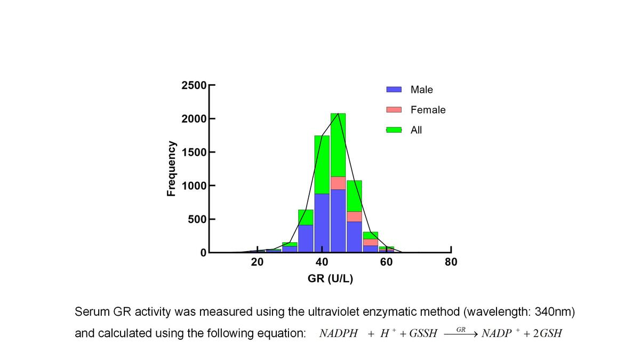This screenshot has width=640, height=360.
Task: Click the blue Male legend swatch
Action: coord(394,90)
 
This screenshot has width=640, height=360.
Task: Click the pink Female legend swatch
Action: coord(394,110)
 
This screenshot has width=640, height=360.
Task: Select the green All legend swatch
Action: coord(394,130)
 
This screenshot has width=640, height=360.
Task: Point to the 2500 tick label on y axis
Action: coord(194,85)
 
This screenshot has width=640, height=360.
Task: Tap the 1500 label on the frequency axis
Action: coord(194,153)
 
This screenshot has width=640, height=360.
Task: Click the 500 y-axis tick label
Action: coord(197,219)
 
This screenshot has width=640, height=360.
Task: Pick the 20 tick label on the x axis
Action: coord(257,262)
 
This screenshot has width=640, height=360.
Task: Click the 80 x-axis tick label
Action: coord(451,262)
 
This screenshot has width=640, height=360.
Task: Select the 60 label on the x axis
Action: coord(386,262)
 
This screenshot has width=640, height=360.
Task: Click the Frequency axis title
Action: coord(171,169)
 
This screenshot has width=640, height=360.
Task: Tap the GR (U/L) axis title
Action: coord(330,278)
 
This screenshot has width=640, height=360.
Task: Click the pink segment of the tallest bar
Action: coord(338,183)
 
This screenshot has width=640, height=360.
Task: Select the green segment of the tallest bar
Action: coord(338,145)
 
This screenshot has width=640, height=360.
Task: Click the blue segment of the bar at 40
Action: coord(322,223)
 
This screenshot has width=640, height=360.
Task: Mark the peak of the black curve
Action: coord(338,114)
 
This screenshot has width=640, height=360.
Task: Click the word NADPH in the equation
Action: coord(339,333)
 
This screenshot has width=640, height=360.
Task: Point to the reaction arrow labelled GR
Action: coord(461,334)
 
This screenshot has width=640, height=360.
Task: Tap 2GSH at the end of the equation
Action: coord(548,333)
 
